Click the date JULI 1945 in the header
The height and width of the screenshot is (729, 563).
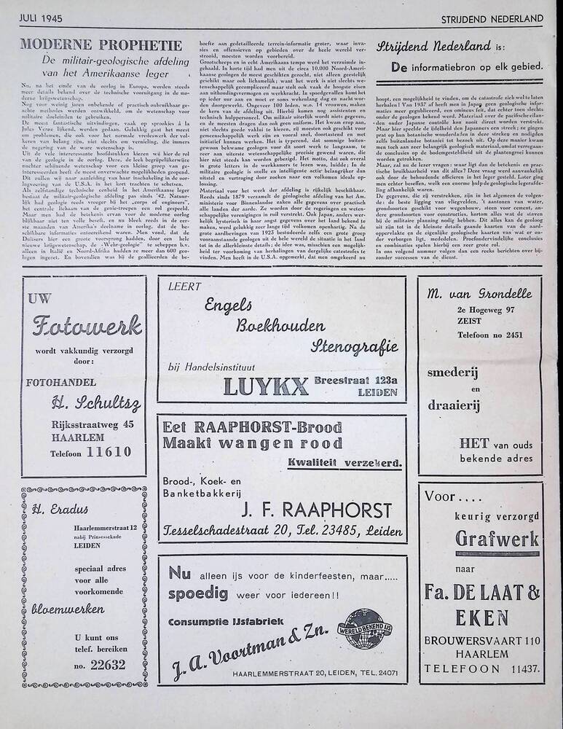coord(42,16)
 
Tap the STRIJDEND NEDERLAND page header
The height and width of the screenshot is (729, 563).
coord(492,17)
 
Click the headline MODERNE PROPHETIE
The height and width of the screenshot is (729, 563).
coord(101,44)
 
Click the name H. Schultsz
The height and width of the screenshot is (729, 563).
coord(96,403)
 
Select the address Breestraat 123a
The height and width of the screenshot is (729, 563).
coord(356,380)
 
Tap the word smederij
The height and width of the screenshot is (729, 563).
coord(480,372)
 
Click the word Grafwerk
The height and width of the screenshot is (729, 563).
coord(497,539)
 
